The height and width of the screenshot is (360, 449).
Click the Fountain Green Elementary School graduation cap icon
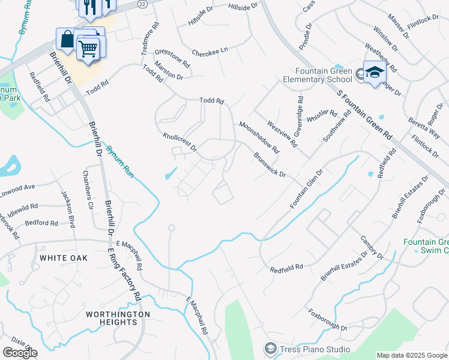coord(375,73)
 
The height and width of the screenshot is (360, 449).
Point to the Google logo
coord(20,353)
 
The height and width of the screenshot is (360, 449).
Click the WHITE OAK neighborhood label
coord(64,258)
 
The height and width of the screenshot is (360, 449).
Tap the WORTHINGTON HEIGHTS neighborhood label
coord(118,318)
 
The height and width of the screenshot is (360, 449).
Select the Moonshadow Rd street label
coord(259,136)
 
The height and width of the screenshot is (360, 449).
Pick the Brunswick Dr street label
coord(269,164)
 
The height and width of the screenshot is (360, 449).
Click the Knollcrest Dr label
coord(180,143)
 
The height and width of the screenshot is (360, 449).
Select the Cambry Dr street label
coord(372,247)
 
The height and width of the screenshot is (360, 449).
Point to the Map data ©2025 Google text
coord(411,355)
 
